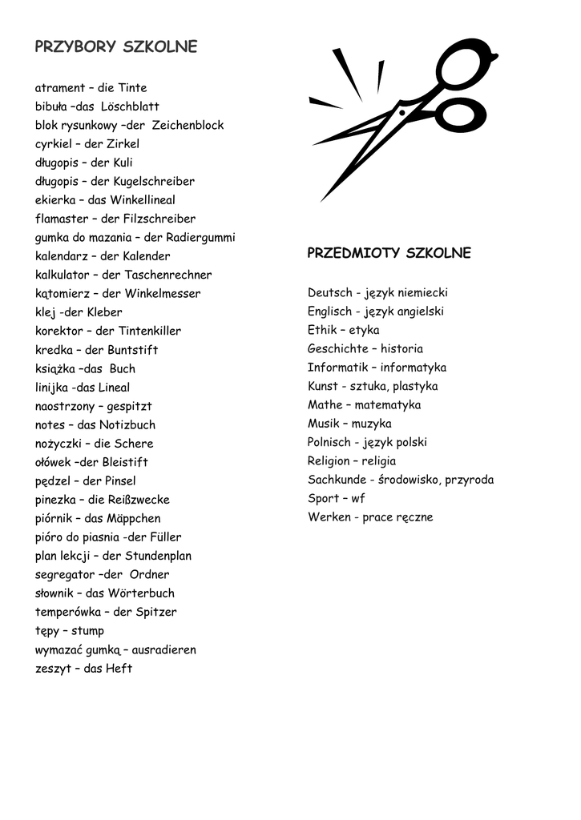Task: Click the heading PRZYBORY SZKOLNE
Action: tap(116, 47)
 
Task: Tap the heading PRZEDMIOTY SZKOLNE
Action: tap(389, 254)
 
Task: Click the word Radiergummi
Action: tap(200, 238)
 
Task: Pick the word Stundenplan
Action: tap(158, 556)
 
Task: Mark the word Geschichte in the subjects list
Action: tap(337, 349)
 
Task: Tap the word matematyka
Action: tap(388, 405)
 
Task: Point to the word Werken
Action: tap(329, 517)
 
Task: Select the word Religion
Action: tap(329, 461)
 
